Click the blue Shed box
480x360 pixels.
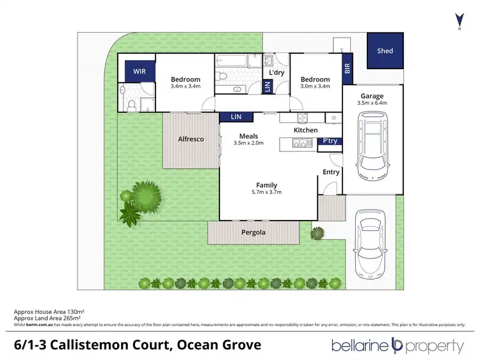click(385, 51)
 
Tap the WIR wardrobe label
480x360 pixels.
click(140, 72)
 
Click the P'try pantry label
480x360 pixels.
click(330, 141)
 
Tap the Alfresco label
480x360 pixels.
click(191, 138)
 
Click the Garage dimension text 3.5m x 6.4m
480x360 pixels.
click(373, 102)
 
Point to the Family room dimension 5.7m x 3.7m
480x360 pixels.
click(267, 192)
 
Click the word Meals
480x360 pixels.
click(248, 136)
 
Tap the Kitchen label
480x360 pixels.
click(305, 130)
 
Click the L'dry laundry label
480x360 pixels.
click(276, 73)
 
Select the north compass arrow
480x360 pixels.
click(458, 19)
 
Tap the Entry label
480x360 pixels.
click(331, 172)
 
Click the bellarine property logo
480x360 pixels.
click(397, 346)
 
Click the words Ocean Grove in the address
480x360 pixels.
click(224, 345)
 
